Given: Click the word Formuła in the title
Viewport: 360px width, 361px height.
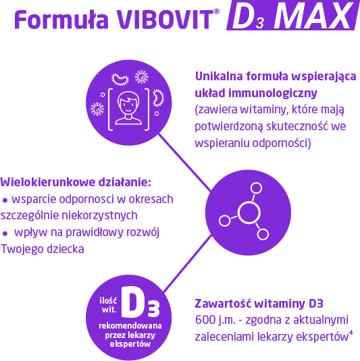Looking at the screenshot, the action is click(61, 20).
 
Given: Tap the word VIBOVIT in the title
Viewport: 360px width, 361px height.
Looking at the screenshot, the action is click(165, 20).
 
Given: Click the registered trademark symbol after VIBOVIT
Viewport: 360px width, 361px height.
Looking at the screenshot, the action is click(217, 11).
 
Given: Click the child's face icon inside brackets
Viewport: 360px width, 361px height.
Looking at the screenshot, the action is click(128, 108).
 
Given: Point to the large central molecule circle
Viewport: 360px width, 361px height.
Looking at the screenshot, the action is click(249, 213).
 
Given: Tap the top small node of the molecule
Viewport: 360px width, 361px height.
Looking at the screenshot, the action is click(256, 188).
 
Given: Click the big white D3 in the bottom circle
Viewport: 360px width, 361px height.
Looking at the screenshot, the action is click(140, 302).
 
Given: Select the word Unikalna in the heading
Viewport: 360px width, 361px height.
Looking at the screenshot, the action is click(219, 76).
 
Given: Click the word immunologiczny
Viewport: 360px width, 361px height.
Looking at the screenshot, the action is click(273, 94).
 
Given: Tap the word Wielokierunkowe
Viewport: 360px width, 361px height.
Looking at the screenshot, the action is click(48, 182).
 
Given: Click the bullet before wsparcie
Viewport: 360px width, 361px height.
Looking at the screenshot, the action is click(5, 201).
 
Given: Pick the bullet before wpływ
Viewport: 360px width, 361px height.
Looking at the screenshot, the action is click(5, 234).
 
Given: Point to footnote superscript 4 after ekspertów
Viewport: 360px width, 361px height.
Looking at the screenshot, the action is click(351, 333).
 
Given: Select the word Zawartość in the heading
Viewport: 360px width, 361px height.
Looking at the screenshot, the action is click(223, 304).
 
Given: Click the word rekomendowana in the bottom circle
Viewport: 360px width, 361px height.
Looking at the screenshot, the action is click(130, 326).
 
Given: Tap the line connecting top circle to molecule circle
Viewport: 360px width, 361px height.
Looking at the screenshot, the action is click(184, 163).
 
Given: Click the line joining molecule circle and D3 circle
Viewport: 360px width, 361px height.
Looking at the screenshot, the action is click(187, 263).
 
